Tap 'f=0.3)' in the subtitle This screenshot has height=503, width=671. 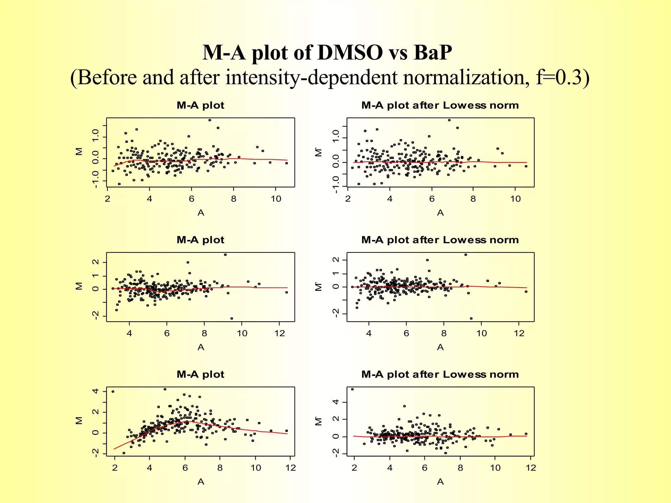pos(563,78)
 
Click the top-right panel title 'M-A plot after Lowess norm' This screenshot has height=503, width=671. pos(440,105)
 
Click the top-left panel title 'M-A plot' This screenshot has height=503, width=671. pos(200,105)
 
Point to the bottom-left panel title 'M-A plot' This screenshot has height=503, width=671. pos(200,374)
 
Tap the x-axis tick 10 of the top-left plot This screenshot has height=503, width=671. pos(276,199)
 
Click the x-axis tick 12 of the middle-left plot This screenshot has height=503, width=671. pos(279,333)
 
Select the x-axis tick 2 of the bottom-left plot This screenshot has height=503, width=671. pos(115,468)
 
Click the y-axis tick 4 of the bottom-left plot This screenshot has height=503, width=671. pos(95,391)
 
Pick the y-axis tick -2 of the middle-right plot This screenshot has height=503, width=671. pos(335,313)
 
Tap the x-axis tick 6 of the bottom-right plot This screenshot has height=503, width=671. pos(425,468)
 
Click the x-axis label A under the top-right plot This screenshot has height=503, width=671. pos(440,213)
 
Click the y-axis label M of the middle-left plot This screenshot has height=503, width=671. pos(79,286)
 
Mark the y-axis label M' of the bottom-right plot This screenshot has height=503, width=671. pos(319,421)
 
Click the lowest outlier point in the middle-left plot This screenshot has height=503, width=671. pos(232,318)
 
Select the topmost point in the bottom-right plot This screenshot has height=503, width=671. pos(352,389)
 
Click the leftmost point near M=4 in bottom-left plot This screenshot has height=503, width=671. pos(113,391)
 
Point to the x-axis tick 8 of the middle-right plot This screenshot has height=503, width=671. pos(444,333)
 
